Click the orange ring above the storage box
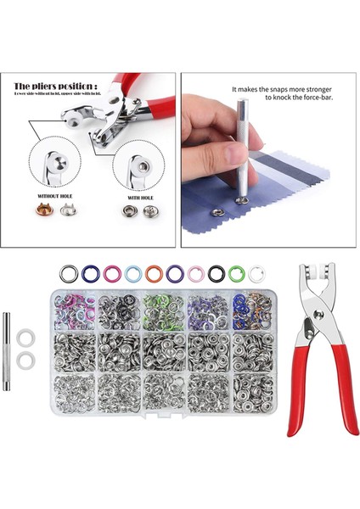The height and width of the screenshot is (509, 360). click(154, 274)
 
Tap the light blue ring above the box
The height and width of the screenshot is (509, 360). click(132, 274)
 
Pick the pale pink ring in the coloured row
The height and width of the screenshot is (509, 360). click(195, 274)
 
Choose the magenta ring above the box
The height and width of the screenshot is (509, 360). click(111, 274)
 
